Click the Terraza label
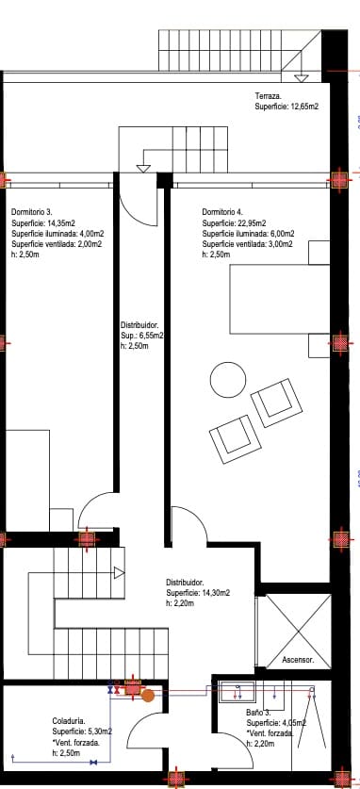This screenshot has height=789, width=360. click(269, 97)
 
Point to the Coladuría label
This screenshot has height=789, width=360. click(72, 720)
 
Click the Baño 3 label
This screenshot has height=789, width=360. click(259, 712)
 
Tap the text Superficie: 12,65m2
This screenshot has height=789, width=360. click(286, 107)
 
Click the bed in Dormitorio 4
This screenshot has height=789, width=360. click(279, 299)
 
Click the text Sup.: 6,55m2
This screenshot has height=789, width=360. click(141, 335)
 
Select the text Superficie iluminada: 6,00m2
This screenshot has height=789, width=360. click(248, 234)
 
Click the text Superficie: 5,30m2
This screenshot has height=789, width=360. click(82, 731)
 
